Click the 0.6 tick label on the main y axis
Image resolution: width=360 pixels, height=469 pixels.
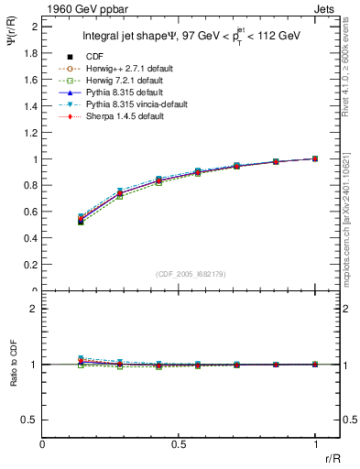31,213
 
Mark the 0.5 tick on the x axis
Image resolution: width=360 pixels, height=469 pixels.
179,442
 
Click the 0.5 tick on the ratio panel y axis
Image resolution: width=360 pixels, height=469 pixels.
31,420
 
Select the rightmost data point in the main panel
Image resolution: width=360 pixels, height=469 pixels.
315,158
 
